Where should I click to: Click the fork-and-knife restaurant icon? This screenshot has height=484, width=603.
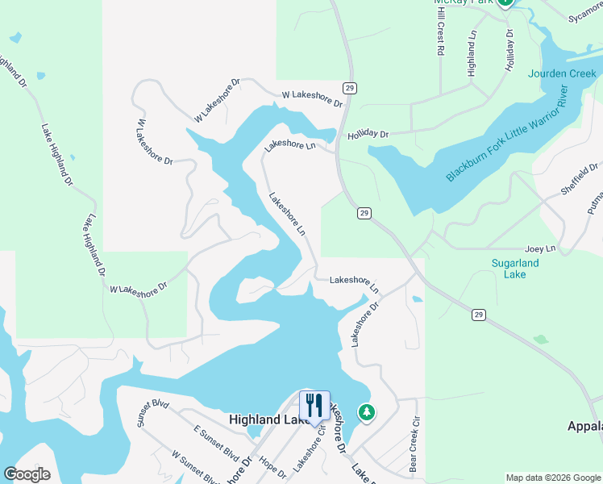click(x=313, y=405)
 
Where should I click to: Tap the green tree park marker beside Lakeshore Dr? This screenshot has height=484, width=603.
click(x=367, y=412)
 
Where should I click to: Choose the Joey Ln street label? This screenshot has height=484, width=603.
click(x=540, y=249)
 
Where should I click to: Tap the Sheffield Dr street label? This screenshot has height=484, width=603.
click(x=580, y=180)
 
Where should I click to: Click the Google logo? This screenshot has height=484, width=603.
click(x=27, y=474)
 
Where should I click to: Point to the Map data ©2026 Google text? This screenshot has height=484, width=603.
click(x=552, y=478)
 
